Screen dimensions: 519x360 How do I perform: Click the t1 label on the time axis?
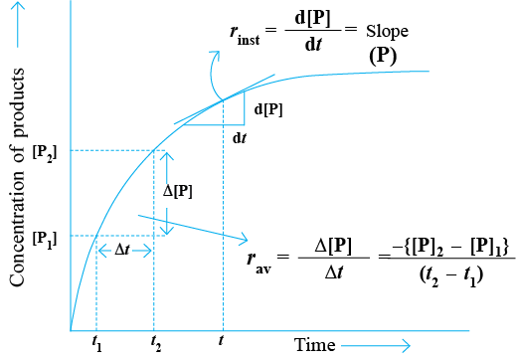96,343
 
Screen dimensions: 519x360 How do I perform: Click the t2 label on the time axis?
156,343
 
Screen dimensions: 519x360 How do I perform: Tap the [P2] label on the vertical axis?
45,154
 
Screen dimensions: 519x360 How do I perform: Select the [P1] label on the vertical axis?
45,239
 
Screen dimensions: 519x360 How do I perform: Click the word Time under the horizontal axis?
314,345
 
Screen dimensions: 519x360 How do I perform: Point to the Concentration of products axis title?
17,177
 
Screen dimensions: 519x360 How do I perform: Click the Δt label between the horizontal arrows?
121,250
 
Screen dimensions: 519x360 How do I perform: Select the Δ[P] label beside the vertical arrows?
178,191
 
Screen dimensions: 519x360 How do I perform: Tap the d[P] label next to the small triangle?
268,109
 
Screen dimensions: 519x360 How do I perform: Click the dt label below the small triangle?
240,138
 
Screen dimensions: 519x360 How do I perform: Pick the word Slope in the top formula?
387,32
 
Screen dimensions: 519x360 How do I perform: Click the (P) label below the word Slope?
383,56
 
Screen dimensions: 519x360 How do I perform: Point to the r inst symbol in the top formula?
245,35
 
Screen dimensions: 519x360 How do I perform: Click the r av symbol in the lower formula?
259,262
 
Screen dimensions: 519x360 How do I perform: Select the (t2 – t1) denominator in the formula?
451,275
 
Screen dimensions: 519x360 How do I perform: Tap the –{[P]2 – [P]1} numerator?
449,248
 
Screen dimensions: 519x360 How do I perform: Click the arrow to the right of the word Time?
376,346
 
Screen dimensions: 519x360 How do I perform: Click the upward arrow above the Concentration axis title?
18,24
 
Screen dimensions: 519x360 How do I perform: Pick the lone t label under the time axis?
221,340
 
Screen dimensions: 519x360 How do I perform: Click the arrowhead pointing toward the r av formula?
244,238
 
